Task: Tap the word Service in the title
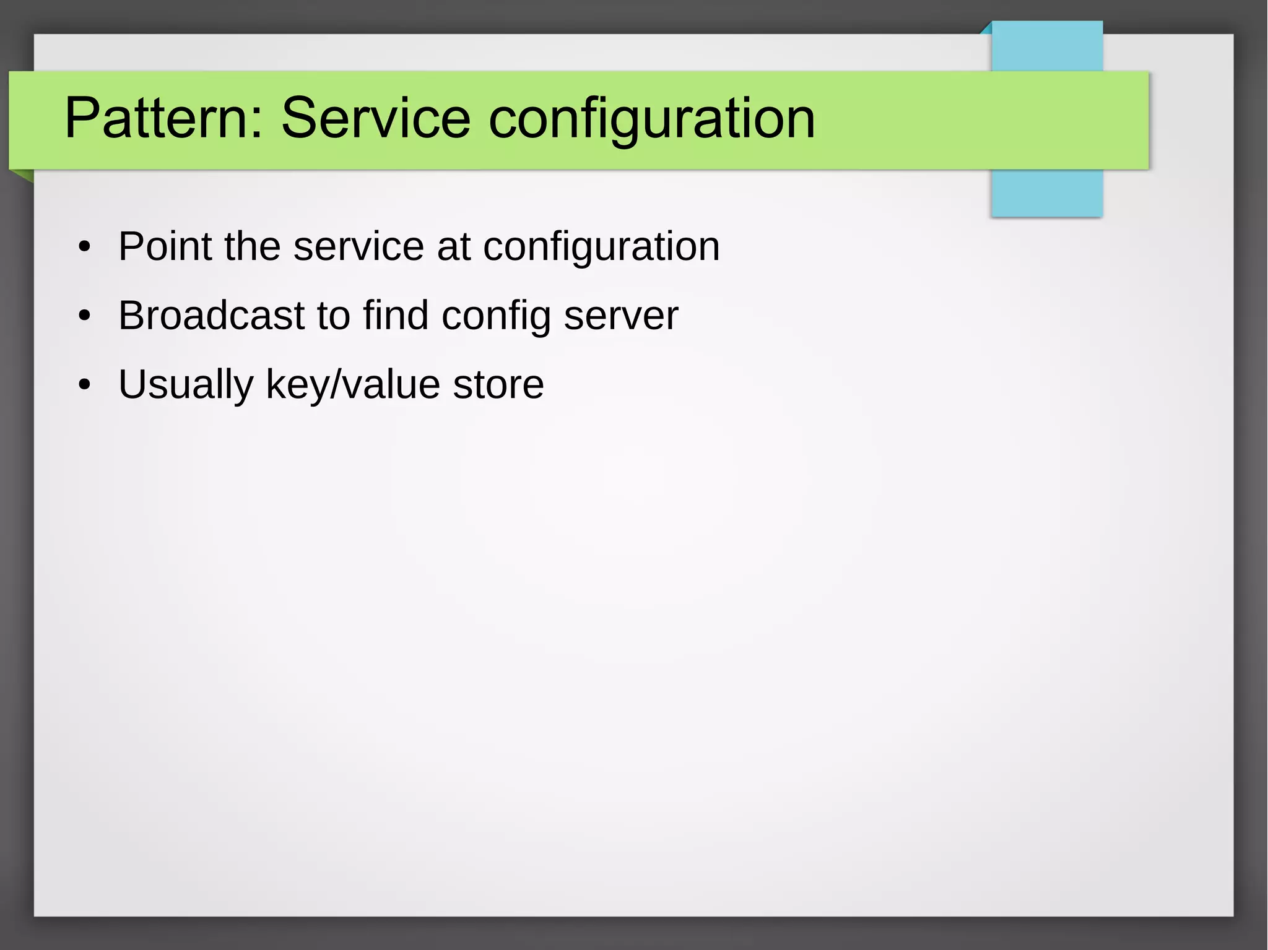click(x=376, y=118)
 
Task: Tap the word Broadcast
click(x=212, y=316)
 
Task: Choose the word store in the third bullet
click(x=498, y=385)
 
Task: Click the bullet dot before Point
click(x=85, y=248)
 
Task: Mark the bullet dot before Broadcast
click(x=85, y=316)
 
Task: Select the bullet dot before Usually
click(x=85, y=385)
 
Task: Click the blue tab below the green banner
click(x=1046, y=193)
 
